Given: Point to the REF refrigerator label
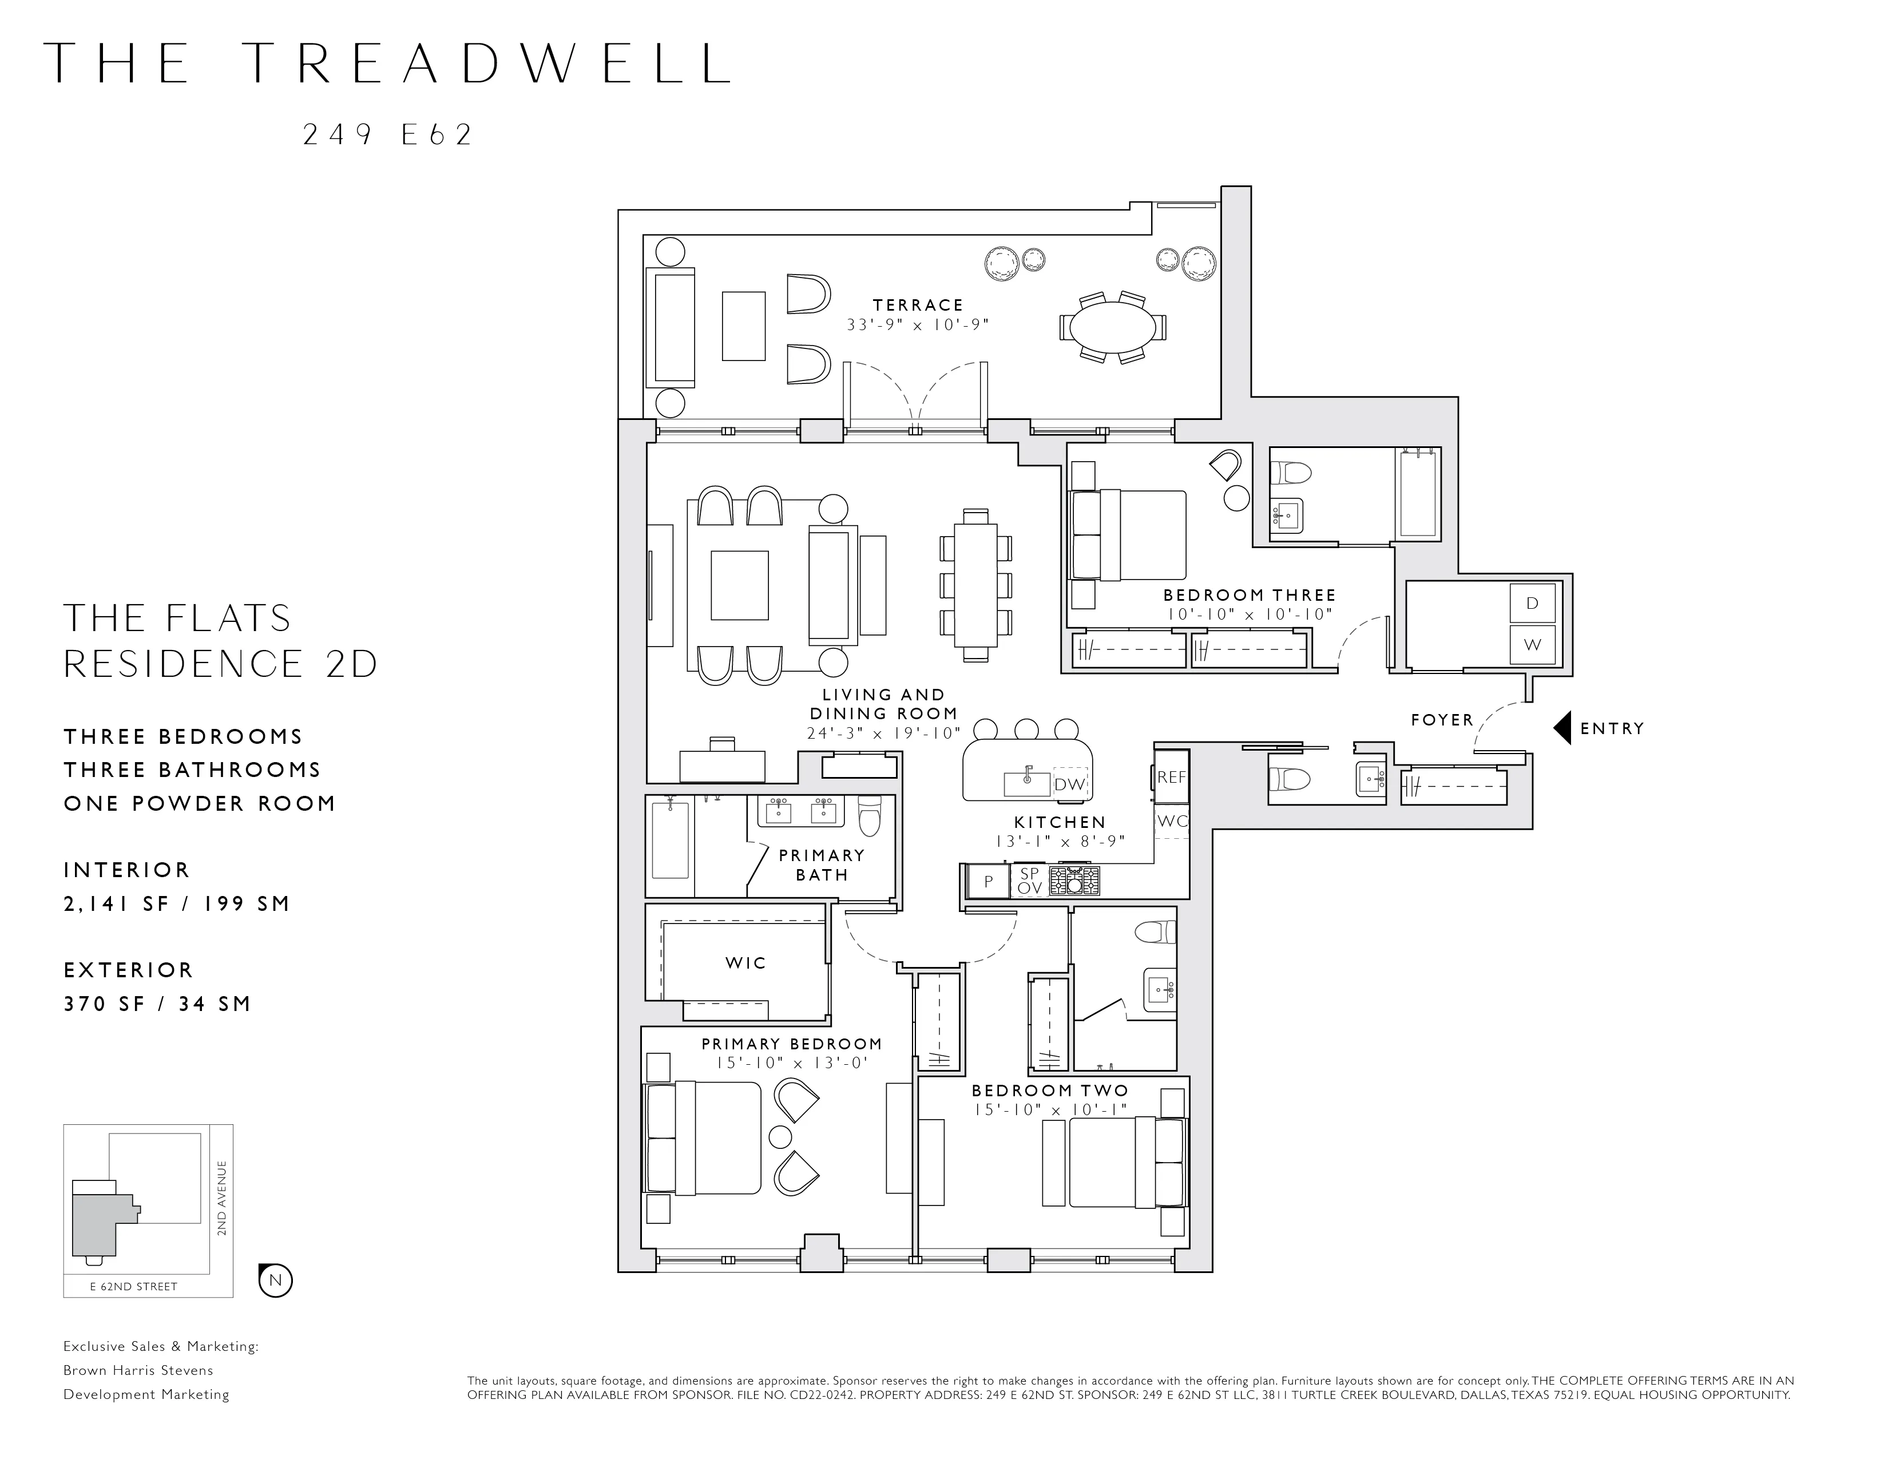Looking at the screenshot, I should pyautogui.click(x=1171, y=777).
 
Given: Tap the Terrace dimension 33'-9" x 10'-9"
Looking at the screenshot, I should pyautogui.click(x=917, y=325).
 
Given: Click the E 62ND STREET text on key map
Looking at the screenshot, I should pyautogui.click(x=134, y=1286).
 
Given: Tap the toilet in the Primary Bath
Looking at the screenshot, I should pyautogui.click(x=869, y=815).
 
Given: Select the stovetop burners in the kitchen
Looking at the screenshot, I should pyautogui.click(x=1074, y=881).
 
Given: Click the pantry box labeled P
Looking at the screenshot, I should pyautogui.click(x=988, y=882).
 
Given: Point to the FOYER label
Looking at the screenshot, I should pyautogui.click(x=1442, y=720).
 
